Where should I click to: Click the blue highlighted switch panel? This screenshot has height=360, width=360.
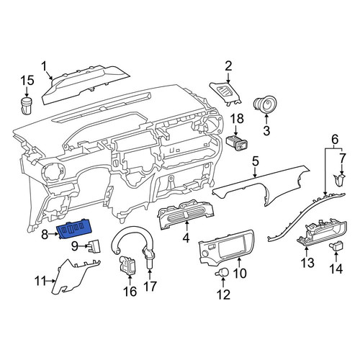click(x=74, y=229)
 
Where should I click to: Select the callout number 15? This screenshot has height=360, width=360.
click(x=27, y=81)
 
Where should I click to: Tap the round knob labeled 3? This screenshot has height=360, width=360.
click(x=265, y=105)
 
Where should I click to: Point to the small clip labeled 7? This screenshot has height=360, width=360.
click(x=340, y=180)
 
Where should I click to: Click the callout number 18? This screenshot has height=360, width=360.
click(x=237, y=119)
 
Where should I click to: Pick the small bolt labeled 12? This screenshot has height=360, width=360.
click(x=222, y=272)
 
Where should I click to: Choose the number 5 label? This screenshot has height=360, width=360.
click(x=256, y=161)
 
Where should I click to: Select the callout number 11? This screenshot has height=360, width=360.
click(x=41, y=281)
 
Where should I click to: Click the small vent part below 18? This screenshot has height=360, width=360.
click(x=237, y=143)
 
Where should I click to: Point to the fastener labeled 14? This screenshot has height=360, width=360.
click(x=336, y=246)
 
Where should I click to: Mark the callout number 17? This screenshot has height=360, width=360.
click(x=150, y=286)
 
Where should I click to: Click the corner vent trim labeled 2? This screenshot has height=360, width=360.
click(x=225, y=93)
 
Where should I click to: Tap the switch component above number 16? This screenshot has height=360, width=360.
click(x=128, y=266)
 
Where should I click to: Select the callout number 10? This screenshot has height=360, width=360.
click(x=240, y=273)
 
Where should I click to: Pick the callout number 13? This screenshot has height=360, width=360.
click(x=307, y=263)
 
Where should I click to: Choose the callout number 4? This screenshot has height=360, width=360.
click(x=186, y=238)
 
